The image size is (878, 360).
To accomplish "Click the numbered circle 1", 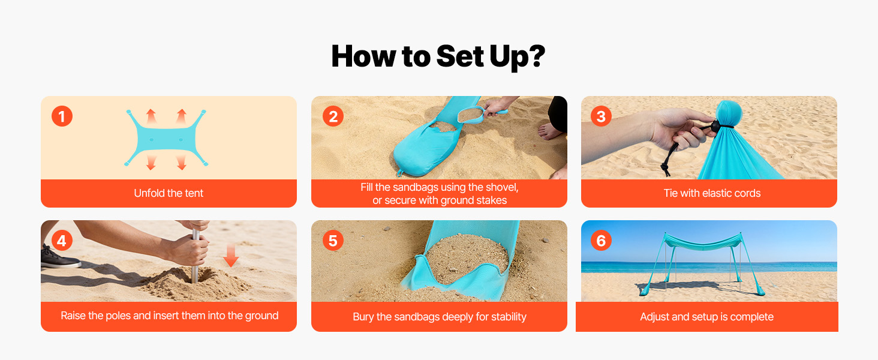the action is click(x=62, y=116).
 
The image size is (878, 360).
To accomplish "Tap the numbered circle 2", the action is click(x=333, y=116).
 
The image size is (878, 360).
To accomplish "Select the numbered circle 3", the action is click(x=601, y=116).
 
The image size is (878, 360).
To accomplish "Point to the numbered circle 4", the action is click(x=62, y=241).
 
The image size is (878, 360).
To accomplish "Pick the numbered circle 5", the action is click(x=333, y=241).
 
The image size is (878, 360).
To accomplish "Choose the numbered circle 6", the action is click(x=601, y=241).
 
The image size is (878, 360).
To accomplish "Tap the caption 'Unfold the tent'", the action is click(x=169, y=193).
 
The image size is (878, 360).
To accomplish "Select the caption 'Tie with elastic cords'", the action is click(x=712, y=193).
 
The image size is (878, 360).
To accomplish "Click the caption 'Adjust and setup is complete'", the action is click(x=706, y=316).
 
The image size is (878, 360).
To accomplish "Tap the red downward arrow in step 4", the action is click(x=231, y=255).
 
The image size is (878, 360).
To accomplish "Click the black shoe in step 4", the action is click(x=59, y=258).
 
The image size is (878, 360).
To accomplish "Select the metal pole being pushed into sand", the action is click(x=195, y=257).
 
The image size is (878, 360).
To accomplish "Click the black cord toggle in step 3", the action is click(x=715, y=126).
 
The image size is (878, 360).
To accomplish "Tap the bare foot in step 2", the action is click(x=550, y=132).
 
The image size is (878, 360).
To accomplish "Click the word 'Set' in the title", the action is click(x=460, y=56).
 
